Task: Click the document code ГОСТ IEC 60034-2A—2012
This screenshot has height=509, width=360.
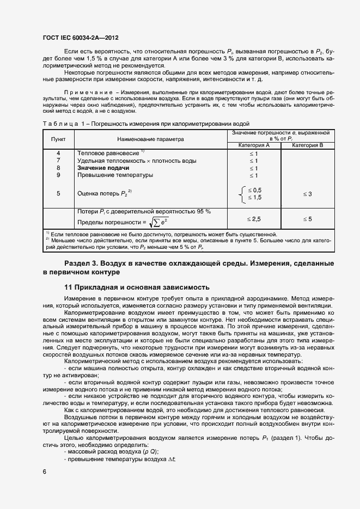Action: (x=81, y=38)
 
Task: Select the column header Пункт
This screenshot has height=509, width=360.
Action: (x=58, y=139)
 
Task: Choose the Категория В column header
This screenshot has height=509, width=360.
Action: (x=308, y=146)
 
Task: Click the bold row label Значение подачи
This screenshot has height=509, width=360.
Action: (x=99, y=168)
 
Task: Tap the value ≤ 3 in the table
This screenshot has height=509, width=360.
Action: (x=307, y=194)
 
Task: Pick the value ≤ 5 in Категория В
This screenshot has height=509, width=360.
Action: (x=307, y=218)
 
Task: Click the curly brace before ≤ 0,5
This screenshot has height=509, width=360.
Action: (x=241, y=194)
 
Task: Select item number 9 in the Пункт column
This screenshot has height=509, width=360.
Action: (x=58, y=175)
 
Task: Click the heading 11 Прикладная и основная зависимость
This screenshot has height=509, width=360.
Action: (x=136, y=287)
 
